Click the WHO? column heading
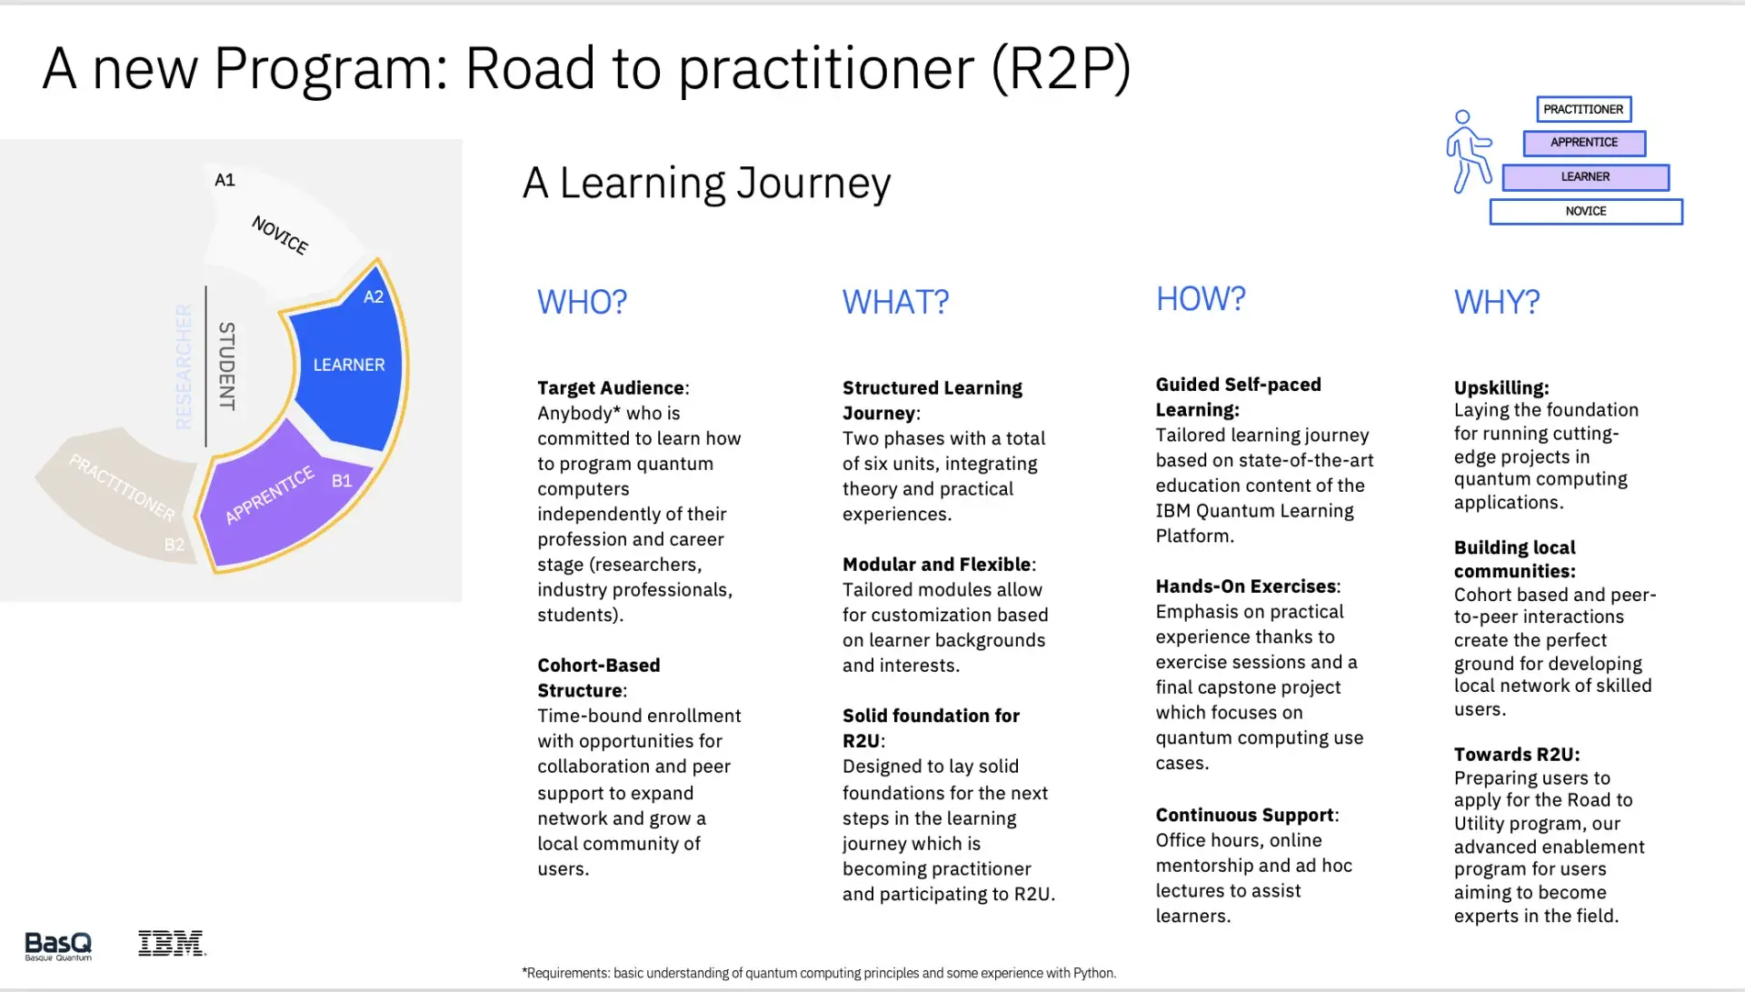pos(582,302)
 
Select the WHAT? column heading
pos(895,302)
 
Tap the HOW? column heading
pos(1200,299)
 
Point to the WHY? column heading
pos(1496,302)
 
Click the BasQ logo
pos(58,946)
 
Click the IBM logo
pos(172,944)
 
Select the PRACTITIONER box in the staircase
pos(1583,109)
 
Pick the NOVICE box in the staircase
pos(1585,211)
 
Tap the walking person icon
pos(1468,152)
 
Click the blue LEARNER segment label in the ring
pos(349,365)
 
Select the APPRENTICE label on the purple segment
pos(269,495)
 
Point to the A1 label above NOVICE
pos(224,180)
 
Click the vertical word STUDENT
pos(226,366)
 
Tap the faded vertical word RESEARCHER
pos(184,366)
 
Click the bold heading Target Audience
pos(611,388)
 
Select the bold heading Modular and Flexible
pos(936,565)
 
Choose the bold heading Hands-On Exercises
pos(1245,586)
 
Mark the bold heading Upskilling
pos(1501,388)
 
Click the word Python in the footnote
pos(1092,973)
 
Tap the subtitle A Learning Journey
pos(706,183)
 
